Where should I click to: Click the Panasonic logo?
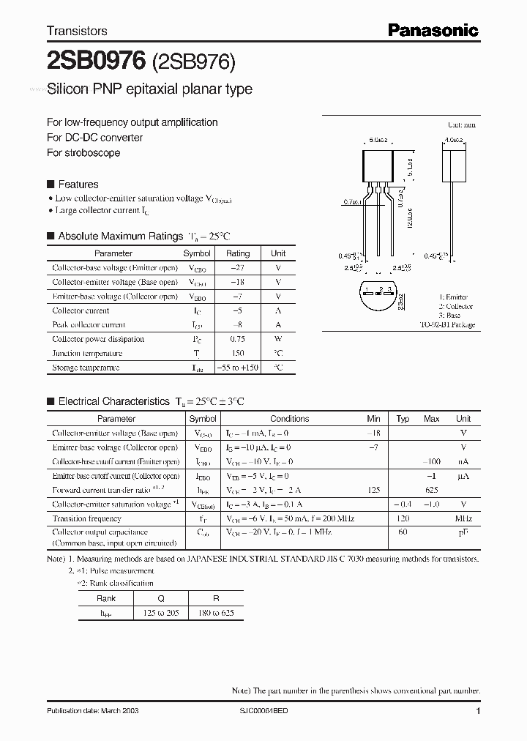pyautogui.click(x=433, y=30)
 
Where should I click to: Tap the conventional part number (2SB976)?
pyautogui.click(x=193, y=63)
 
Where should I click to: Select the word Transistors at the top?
pyautogui.click(x=77, y=31)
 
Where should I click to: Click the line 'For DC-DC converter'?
pyautogui.click(x=94, y=138)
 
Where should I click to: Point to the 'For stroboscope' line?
pyautogui.click(x=83, y=152)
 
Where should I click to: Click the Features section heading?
pyautogui.click(x=78, y=185)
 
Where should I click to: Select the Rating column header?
pyautogui.click(x=237, y=253)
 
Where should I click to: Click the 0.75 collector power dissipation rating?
pyautogui.click(x=237, y=339)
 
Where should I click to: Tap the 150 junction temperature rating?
pyautogui.click(x=237, y=353)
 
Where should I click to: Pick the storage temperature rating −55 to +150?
pyautogui.click(x=237, y=368)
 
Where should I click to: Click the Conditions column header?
pyautogui.click(x=289, y=419)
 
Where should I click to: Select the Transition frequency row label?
pyautogui.click(x=86, y=518)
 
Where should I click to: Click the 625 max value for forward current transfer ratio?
pyautogui.click(x=431, y=490)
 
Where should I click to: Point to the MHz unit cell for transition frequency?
pyautogui.click(x=463, y=518)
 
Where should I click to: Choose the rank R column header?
pyautogui.click(x=216, y=598)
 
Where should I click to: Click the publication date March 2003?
pyautogui.click(x=92, y=711)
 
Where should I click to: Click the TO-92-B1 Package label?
pyautogui.click(x=447, y=324)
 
